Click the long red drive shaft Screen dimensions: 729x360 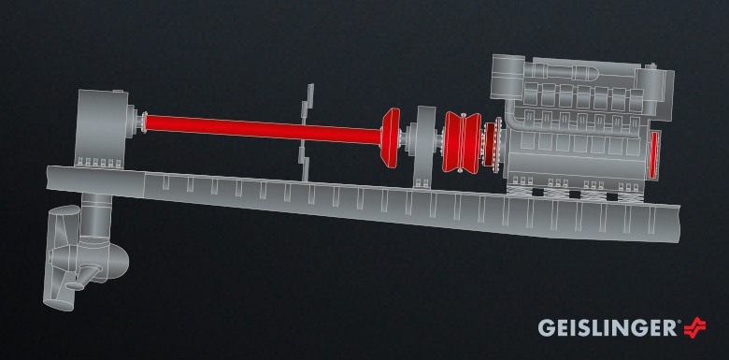[263, 129]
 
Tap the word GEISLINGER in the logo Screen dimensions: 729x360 [607, 328]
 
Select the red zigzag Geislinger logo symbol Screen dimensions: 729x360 [694, 327]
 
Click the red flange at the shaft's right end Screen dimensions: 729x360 [390, 137]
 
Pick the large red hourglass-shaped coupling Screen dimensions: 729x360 [461, 142]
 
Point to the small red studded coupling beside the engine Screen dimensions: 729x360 [491, 144]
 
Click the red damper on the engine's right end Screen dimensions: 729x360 [654, 155]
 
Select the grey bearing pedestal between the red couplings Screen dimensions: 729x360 [424, 147]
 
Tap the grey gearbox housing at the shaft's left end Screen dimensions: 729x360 [101, 128]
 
